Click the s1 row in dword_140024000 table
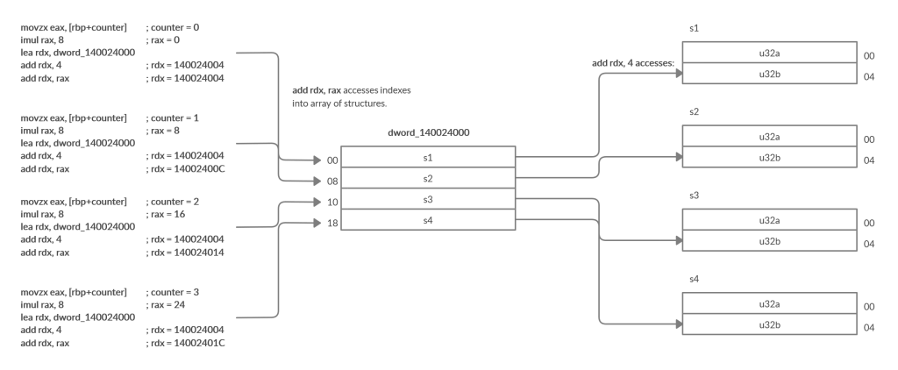coord(427,158)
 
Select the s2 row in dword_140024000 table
coord(427,179)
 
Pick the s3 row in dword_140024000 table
coord(427,200)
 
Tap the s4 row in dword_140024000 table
coord(427,221)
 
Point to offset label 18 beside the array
coord(331,224)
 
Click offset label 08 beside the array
coord(331,181)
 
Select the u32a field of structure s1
coord(769,53)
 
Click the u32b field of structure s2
coord(769,158)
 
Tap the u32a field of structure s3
coord(769,221)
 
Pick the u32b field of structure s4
coord(769,325)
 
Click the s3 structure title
coord(695,196)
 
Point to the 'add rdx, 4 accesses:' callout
coord(631,64)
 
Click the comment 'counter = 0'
coord(173,27)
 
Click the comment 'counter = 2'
coord(173,202)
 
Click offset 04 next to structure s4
coord(868,327)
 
